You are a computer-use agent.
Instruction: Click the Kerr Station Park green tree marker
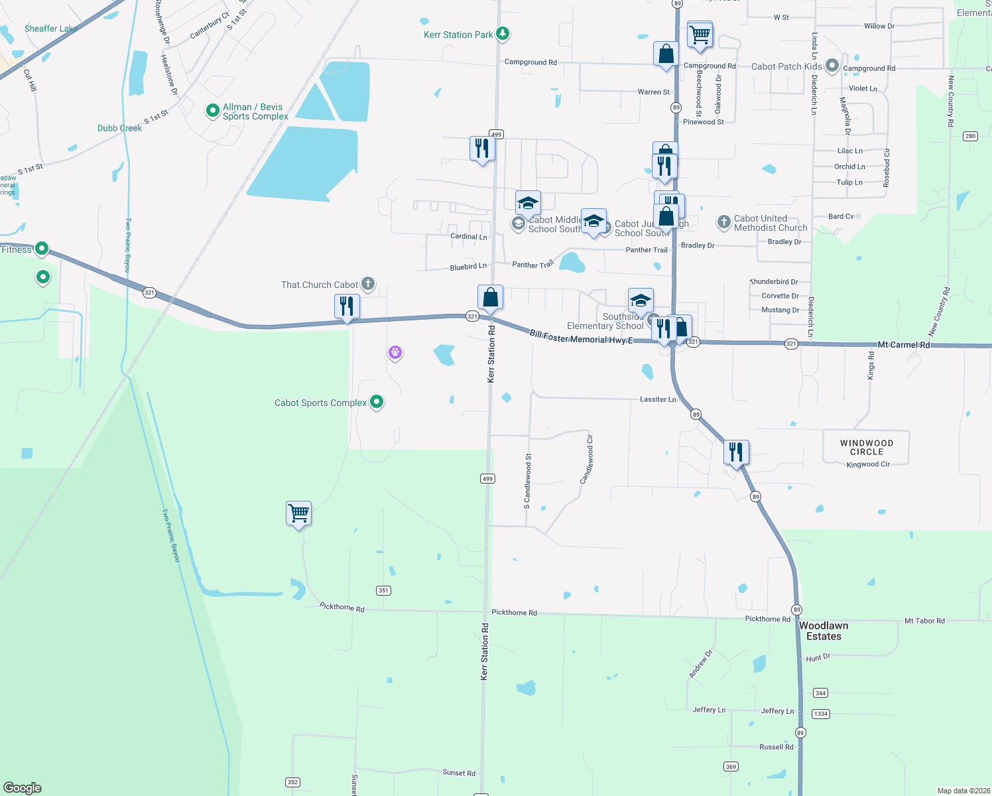(503, 34)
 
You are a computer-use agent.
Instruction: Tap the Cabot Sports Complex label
(320, 403)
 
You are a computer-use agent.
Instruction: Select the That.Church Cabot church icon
(368, 284)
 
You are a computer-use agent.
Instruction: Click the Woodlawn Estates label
(824, 631)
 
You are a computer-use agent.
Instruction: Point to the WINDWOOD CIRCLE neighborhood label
(866, 447)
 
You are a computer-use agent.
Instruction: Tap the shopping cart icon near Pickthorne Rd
(298, 513)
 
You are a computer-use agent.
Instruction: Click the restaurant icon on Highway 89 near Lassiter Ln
(736, 452)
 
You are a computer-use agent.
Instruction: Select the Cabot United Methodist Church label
(770, 223)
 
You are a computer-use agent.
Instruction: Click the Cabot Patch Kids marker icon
(832, 66)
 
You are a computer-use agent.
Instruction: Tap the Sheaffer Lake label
(51, 29)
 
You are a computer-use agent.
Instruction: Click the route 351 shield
(383, 590)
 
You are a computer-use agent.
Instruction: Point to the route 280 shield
(970, 136)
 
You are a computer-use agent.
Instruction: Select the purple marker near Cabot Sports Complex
(395, 352)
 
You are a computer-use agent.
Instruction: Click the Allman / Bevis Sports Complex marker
(212, 110)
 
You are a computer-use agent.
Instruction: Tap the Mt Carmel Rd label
(903, 345)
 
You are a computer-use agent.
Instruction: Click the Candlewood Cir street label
(587, 459)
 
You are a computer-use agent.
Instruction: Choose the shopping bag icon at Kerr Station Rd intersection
(490, 297)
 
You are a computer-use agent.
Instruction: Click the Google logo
(23, 787)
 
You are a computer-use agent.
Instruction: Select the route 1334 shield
(820, 714)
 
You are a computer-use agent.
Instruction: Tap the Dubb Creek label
(119, 128)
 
